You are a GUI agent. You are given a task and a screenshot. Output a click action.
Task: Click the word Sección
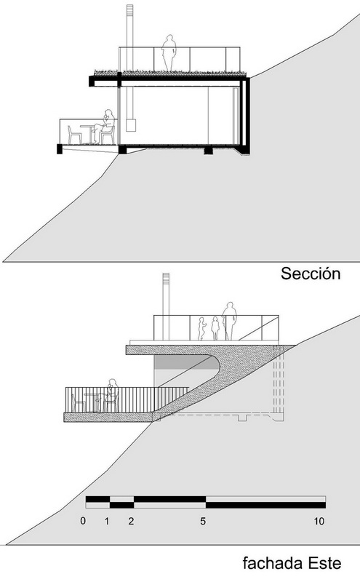311,274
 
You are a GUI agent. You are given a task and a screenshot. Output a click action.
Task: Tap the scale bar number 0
83,521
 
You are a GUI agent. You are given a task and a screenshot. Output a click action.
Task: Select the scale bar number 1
107,521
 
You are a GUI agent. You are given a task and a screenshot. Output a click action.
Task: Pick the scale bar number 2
131,521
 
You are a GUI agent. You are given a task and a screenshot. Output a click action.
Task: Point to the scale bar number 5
203,521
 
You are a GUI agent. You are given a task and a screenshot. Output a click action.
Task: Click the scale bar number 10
319,521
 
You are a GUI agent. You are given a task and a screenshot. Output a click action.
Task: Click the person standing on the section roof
169,52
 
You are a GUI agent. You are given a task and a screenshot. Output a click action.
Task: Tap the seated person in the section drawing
105,127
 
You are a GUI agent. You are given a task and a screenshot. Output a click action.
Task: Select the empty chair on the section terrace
74,135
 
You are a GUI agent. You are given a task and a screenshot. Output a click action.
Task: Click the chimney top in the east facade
166,278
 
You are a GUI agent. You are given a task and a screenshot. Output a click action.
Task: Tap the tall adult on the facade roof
229,321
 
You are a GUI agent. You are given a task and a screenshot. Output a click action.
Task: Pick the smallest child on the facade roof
201,329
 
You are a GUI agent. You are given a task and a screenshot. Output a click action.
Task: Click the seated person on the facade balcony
111,395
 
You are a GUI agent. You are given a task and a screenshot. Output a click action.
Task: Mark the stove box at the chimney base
130,125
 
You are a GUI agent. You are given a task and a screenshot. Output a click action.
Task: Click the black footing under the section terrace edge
60,149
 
